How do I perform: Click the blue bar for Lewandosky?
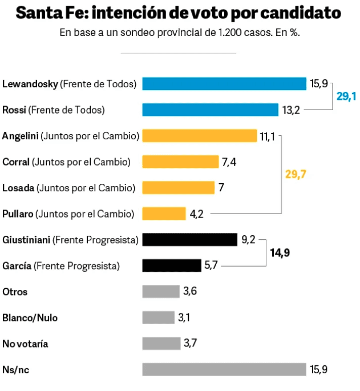click(224, 84)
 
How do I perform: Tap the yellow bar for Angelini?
click(199, 136)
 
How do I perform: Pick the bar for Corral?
click(180, 162)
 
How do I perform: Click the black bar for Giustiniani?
click(189, 240)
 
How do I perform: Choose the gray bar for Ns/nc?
click(224, 369)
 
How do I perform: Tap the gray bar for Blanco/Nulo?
click(158, 317)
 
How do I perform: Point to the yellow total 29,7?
click(296, 175)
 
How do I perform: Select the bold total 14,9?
click(280, 252)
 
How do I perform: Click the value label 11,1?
click(268, 136)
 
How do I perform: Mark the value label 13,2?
click(291, 110)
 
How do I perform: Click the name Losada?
click(19, 188)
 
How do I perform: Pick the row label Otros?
click(15, 292)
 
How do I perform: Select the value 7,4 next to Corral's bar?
click(229, 162)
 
